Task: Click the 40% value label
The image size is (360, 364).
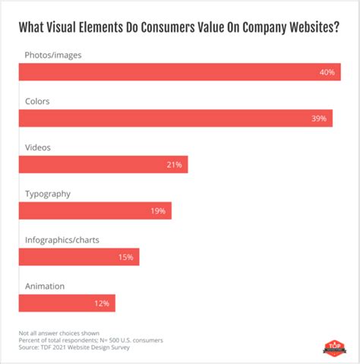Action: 327,73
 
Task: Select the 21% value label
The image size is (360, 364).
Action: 175,165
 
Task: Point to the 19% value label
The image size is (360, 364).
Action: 158,210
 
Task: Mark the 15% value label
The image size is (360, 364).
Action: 126,257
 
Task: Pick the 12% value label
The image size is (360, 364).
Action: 102,303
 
